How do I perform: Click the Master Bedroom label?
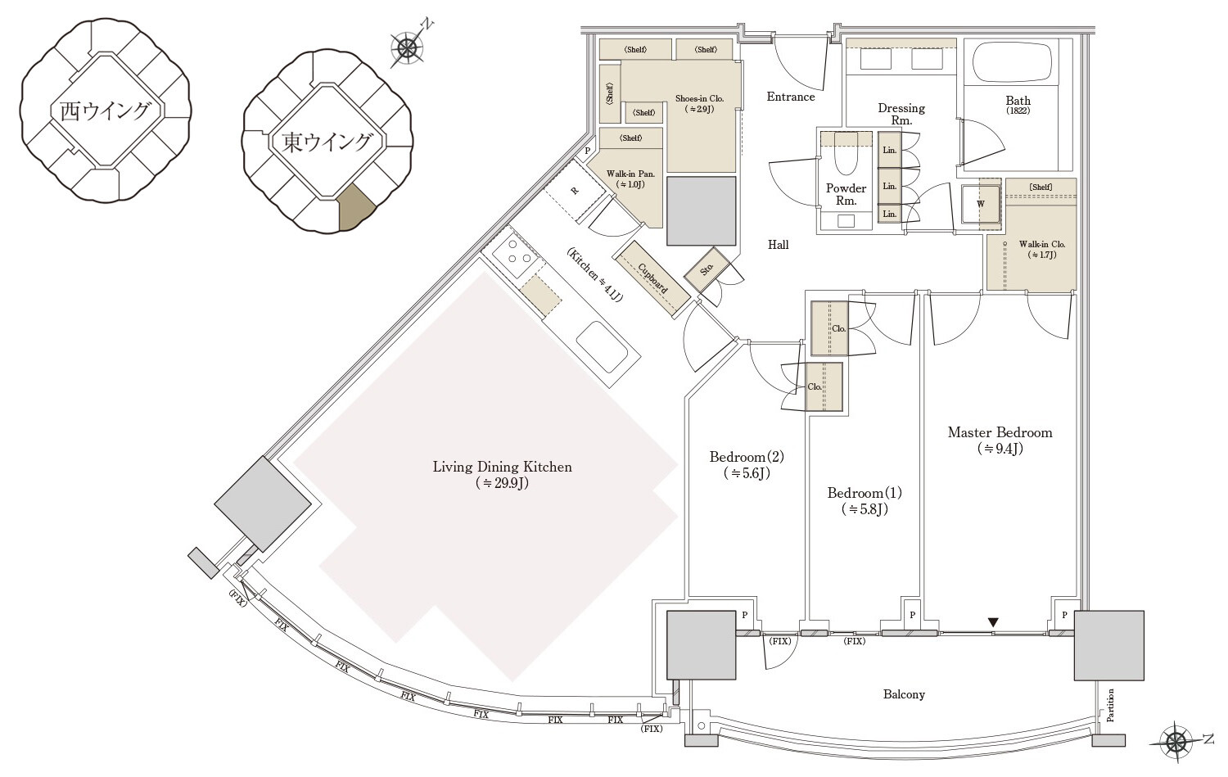(1000, 432)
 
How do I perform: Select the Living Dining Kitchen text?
(502, 468)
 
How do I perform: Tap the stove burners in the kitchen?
(512, 252)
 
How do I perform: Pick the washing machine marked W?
(981, 204)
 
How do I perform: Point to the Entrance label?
(791, 97)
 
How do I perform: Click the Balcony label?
(904, 694)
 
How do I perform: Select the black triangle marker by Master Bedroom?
(993, 623)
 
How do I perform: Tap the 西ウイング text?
(105, 111)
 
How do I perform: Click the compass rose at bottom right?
(1176, 742)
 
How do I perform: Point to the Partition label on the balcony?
(1110, 705)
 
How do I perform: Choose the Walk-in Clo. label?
(1041, 244)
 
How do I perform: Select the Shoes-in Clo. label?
(699, 99)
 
